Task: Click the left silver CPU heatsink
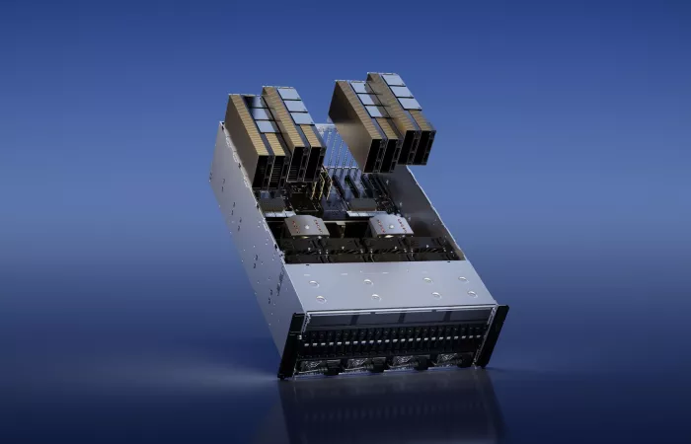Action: [307, 226]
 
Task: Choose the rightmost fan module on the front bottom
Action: [446, 358]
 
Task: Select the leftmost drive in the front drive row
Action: [305, 341]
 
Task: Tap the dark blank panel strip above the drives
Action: [395, 319]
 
